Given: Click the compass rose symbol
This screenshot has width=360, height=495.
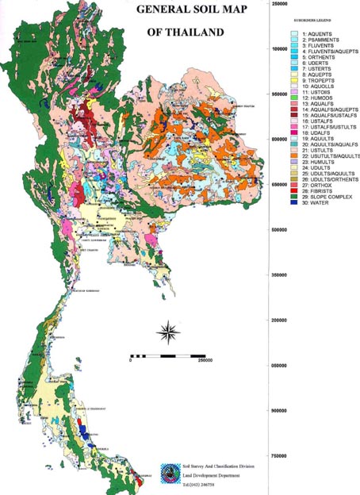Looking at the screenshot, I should point(167,329).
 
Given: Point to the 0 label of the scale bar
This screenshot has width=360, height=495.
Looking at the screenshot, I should point(129,360).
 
